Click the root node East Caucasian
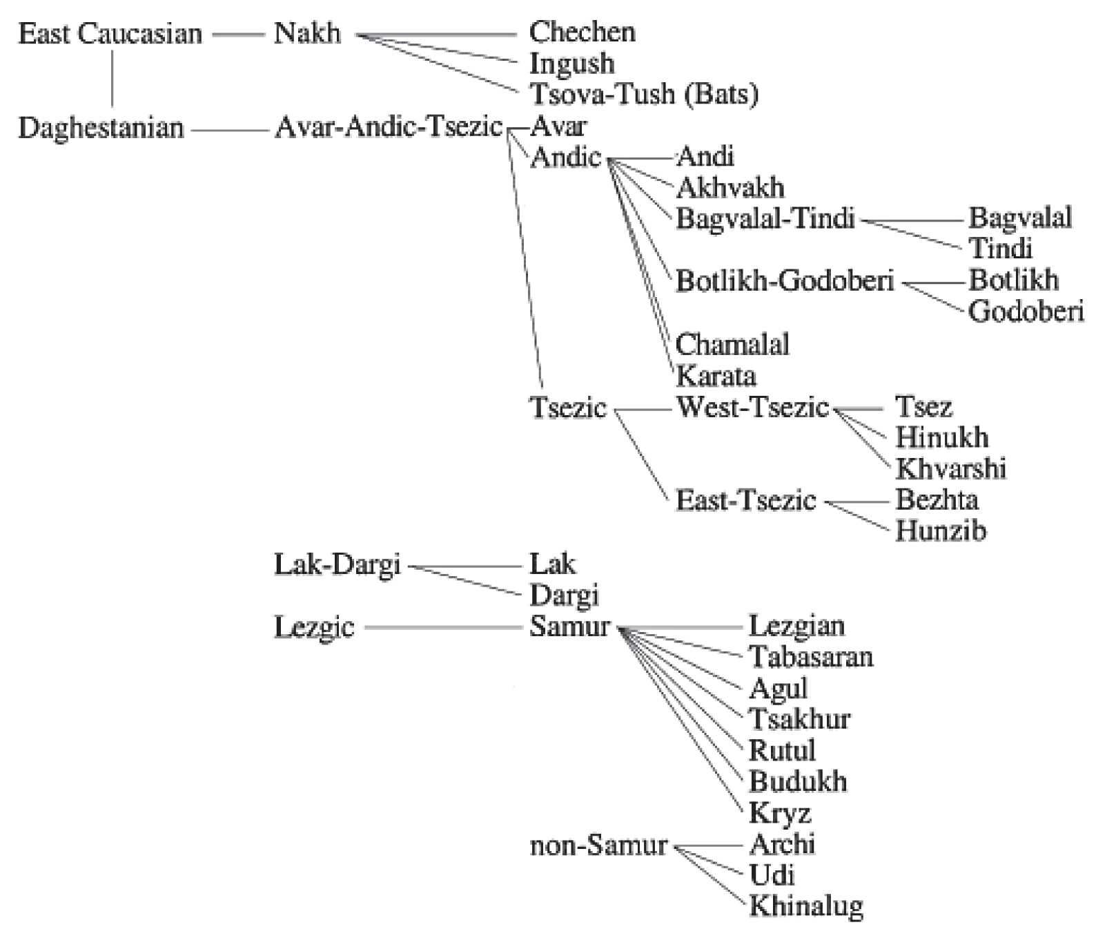[110, 33]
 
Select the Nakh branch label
[307, 32]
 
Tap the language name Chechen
[582, 32]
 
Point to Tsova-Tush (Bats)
[643, 94]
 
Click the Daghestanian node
[101, 128]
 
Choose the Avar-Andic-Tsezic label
[389, 127]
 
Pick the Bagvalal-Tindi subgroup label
[765, 218]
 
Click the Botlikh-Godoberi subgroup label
[785, 280]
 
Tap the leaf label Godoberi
[1026, 312]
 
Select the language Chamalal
[732, 343]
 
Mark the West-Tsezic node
[752, 406]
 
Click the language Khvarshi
[950, 468]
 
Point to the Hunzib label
[941, 531]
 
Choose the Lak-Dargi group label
[337, 564]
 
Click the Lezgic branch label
[314, 628]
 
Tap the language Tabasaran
[811, 656]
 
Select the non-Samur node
[598, 845]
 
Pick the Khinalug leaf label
[806, 906]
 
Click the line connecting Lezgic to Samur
[442, 628]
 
